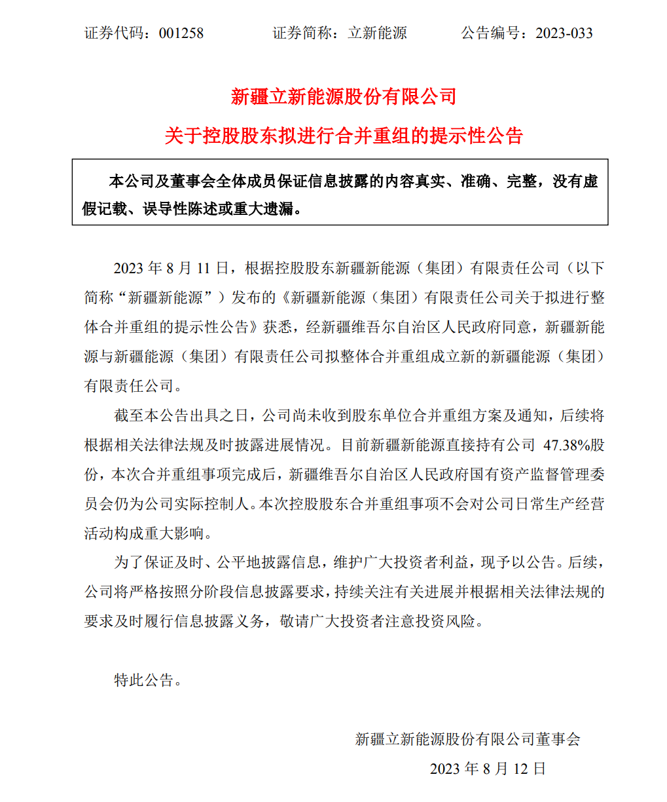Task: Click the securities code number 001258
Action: [181, 33]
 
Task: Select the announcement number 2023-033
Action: [564, 33]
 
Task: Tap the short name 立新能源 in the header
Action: [377, 33]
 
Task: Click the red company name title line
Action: [344, 97]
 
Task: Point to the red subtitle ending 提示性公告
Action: [344, 136]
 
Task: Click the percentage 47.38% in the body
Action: [567, 445]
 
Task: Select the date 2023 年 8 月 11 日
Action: [171, 268]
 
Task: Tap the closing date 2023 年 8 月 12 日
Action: [488, 769]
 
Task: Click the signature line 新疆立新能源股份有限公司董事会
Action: [467, 739]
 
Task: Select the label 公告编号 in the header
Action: [490, 33]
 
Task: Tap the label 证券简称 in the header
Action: [302, 33]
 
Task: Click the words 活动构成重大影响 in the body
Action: [144, 533]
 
